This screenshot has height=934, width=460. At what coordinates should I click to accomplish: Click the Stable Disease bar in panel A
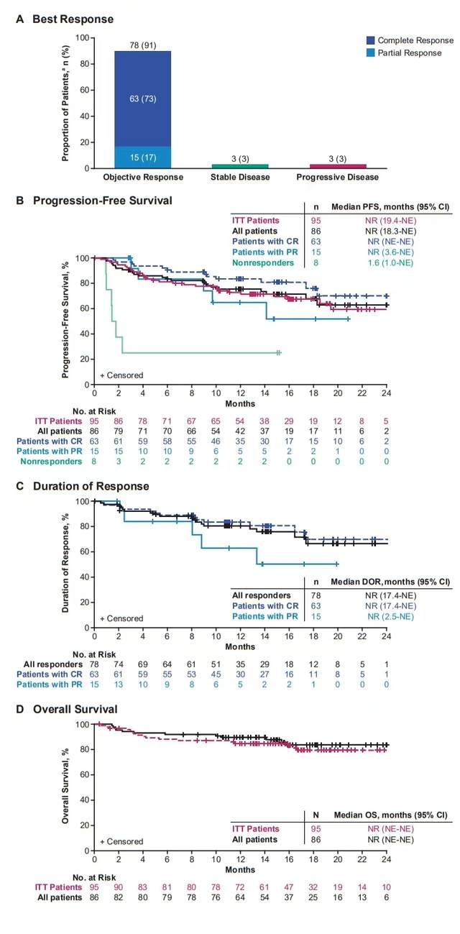click(231, 166)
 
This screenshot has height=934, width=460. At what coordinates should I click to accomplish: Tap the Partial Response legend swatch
click(369, 52)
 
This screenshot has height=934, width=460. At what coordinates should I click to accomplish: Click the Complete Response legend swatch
click(369, 41)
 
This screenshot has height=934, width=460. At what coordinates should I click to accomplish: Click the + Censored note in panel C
click(121, 618)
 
